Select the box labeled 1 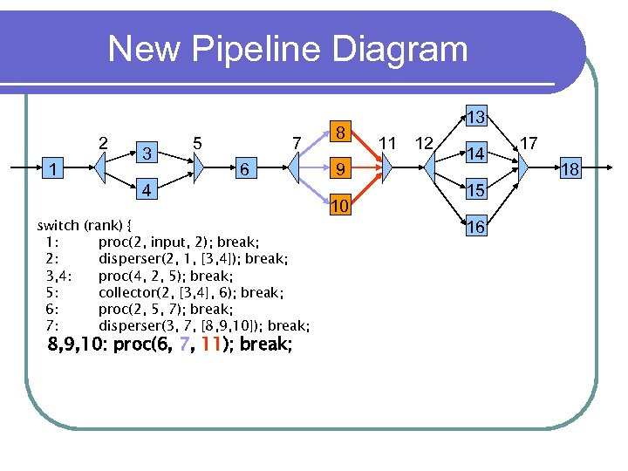tap(54, 167)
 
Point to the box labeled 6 tap(247, 169)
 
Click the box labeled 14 tap(475, 154)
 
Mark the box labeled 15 tap(475, 190)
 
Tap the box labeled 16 tap(475, 227)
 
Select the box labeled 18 tap(570, 168)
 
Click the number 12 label tap(425, 141)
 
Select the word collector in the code tap(128, 292)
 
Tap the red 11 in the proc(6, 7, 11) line tap(209, 345)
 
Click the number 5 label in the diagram tap(198, 141)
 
